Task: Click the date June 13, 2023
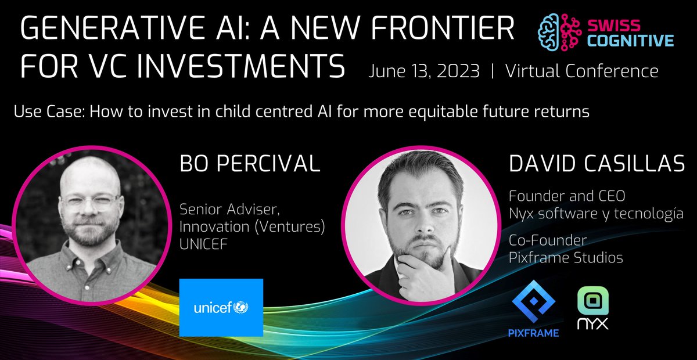click(424, 72)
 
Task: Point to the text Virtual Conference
click(581, 72)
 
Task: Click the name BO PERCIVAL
click(250, 164)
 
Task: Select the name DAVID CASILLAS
click(597, 164)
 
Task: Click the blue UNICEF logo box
click(221, 308)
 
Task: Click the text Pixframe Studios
click(566, 258)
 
